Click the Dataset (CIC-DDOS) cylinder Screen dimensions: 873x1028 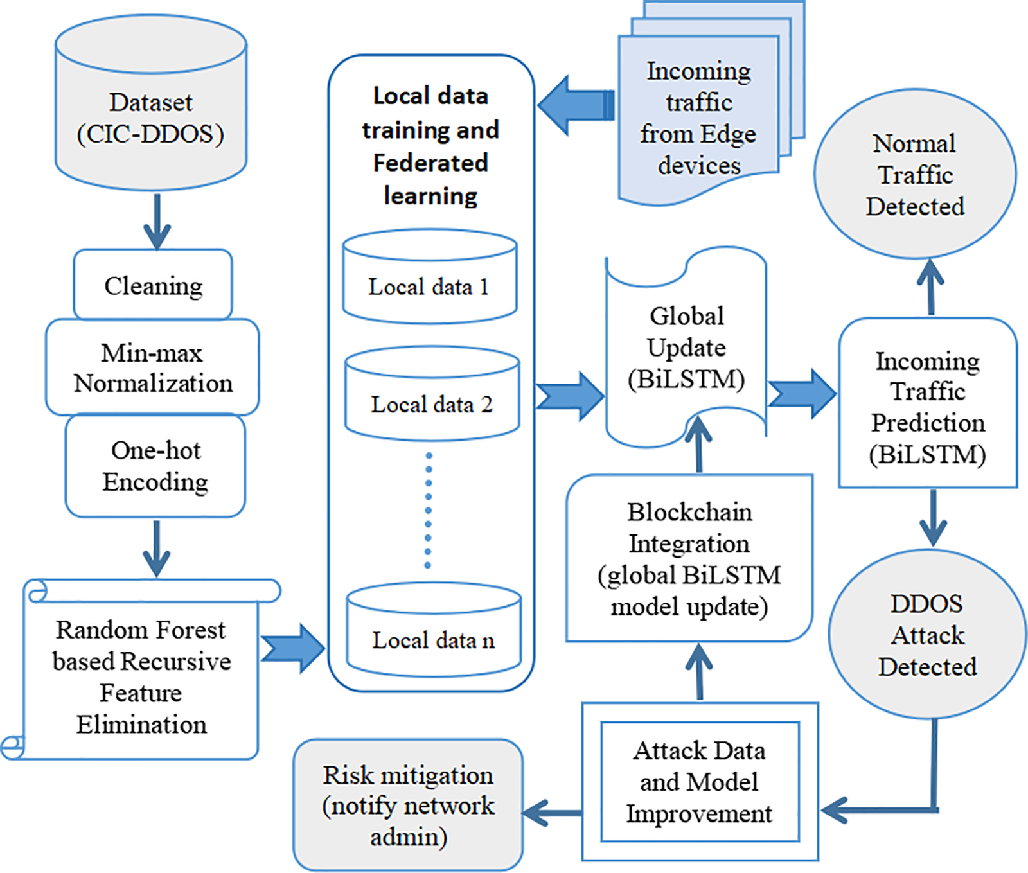click(151, 116)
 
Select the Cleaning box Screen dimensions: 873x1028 click(153, 285)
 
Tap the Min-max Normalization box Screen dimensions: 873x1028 click(152, 367)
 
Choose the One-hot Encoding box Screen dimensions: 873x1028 click(155, 466)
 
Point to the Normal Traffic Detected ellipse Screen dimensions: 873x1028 click(915, 175)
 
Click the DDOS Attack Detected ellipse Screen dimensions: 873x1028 click(927, 635)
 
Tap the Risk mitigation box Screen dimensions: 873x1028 click(408, 806)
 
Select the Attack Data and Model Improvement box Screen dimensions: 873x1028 click(700, 782)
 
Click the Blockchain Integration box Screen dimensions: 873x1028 click(689, 558)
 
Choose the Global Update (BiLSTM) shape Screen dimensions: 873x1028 click(686, 348)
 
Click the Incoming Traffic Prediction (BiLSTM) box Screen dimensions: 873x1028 click(928, 407)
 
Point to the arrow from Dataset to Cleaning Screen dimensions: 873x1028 click(157, 222)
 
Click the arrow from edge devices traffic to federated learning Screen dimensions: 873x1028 click(574, 105)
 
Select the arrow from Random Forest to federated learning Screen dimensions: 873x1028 click(292, 648)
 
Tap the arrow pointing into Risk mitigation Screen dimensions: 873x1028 click(553, 813)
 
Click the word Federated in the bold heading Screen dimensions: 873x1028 click(430, 163)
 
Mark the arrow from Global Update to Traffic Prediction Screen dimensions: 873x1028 click(802, 393)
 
